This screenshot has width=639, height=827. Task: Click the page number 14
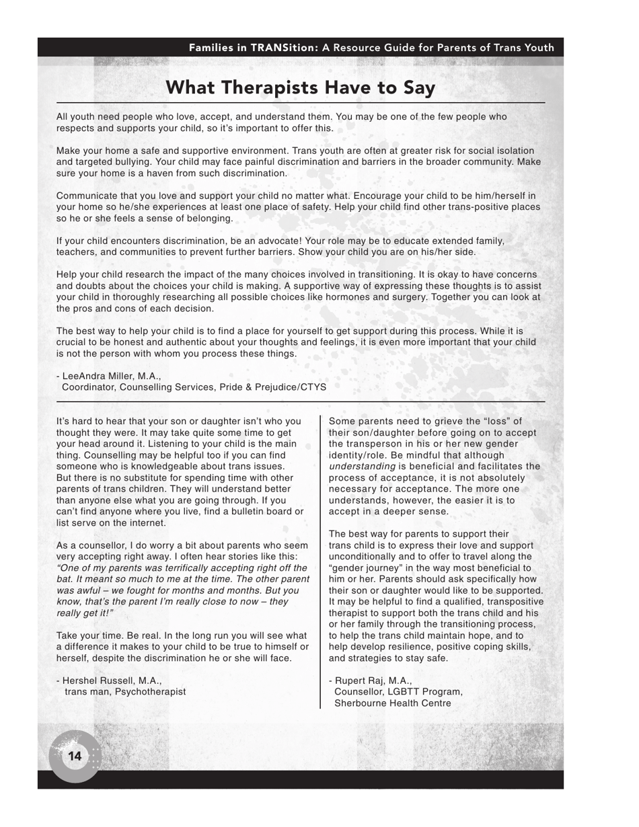click(x=75, y=756)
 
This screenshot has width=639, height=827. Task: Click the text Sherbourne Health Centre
click(x=392, y=703)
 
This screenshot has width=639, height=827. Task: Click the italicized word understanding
click(x=362, y=467)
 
